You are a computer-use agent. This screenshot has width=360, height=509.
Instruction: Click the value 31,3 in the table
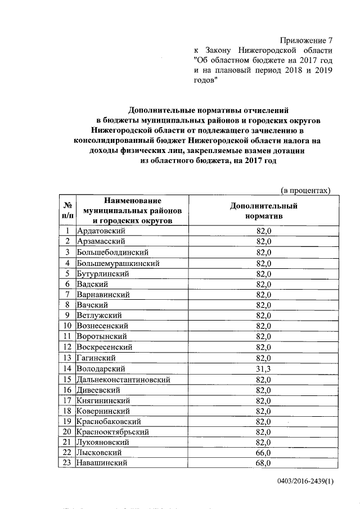coord(264,368)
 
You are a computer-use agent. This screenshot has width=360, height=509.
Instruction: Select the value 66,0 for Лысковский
coord(264,453)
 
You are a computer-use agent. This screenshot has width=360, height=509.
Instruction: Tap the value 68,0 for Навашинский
coord(264,463)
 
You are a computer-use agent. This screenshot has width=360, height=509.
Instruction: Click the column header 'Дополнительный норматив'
coord(264,210)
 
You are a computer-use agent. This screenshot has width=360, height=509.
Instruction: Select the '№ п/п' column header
coord(67,210)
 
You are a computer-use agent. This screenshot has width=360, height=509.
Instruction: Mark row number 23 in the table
coord(67,463)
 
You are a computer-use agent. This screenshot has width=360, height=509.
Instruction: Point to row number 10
coord(67,326)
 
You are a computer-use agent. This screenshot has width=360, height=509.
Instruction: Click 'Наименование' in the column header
coord(132,201)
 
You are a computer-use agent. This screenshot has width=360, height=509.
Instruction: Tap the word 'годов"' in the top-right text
coord(206,80)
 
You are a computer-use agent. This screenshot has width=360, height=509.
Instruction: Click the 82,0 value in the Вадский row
coord(264,284)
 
